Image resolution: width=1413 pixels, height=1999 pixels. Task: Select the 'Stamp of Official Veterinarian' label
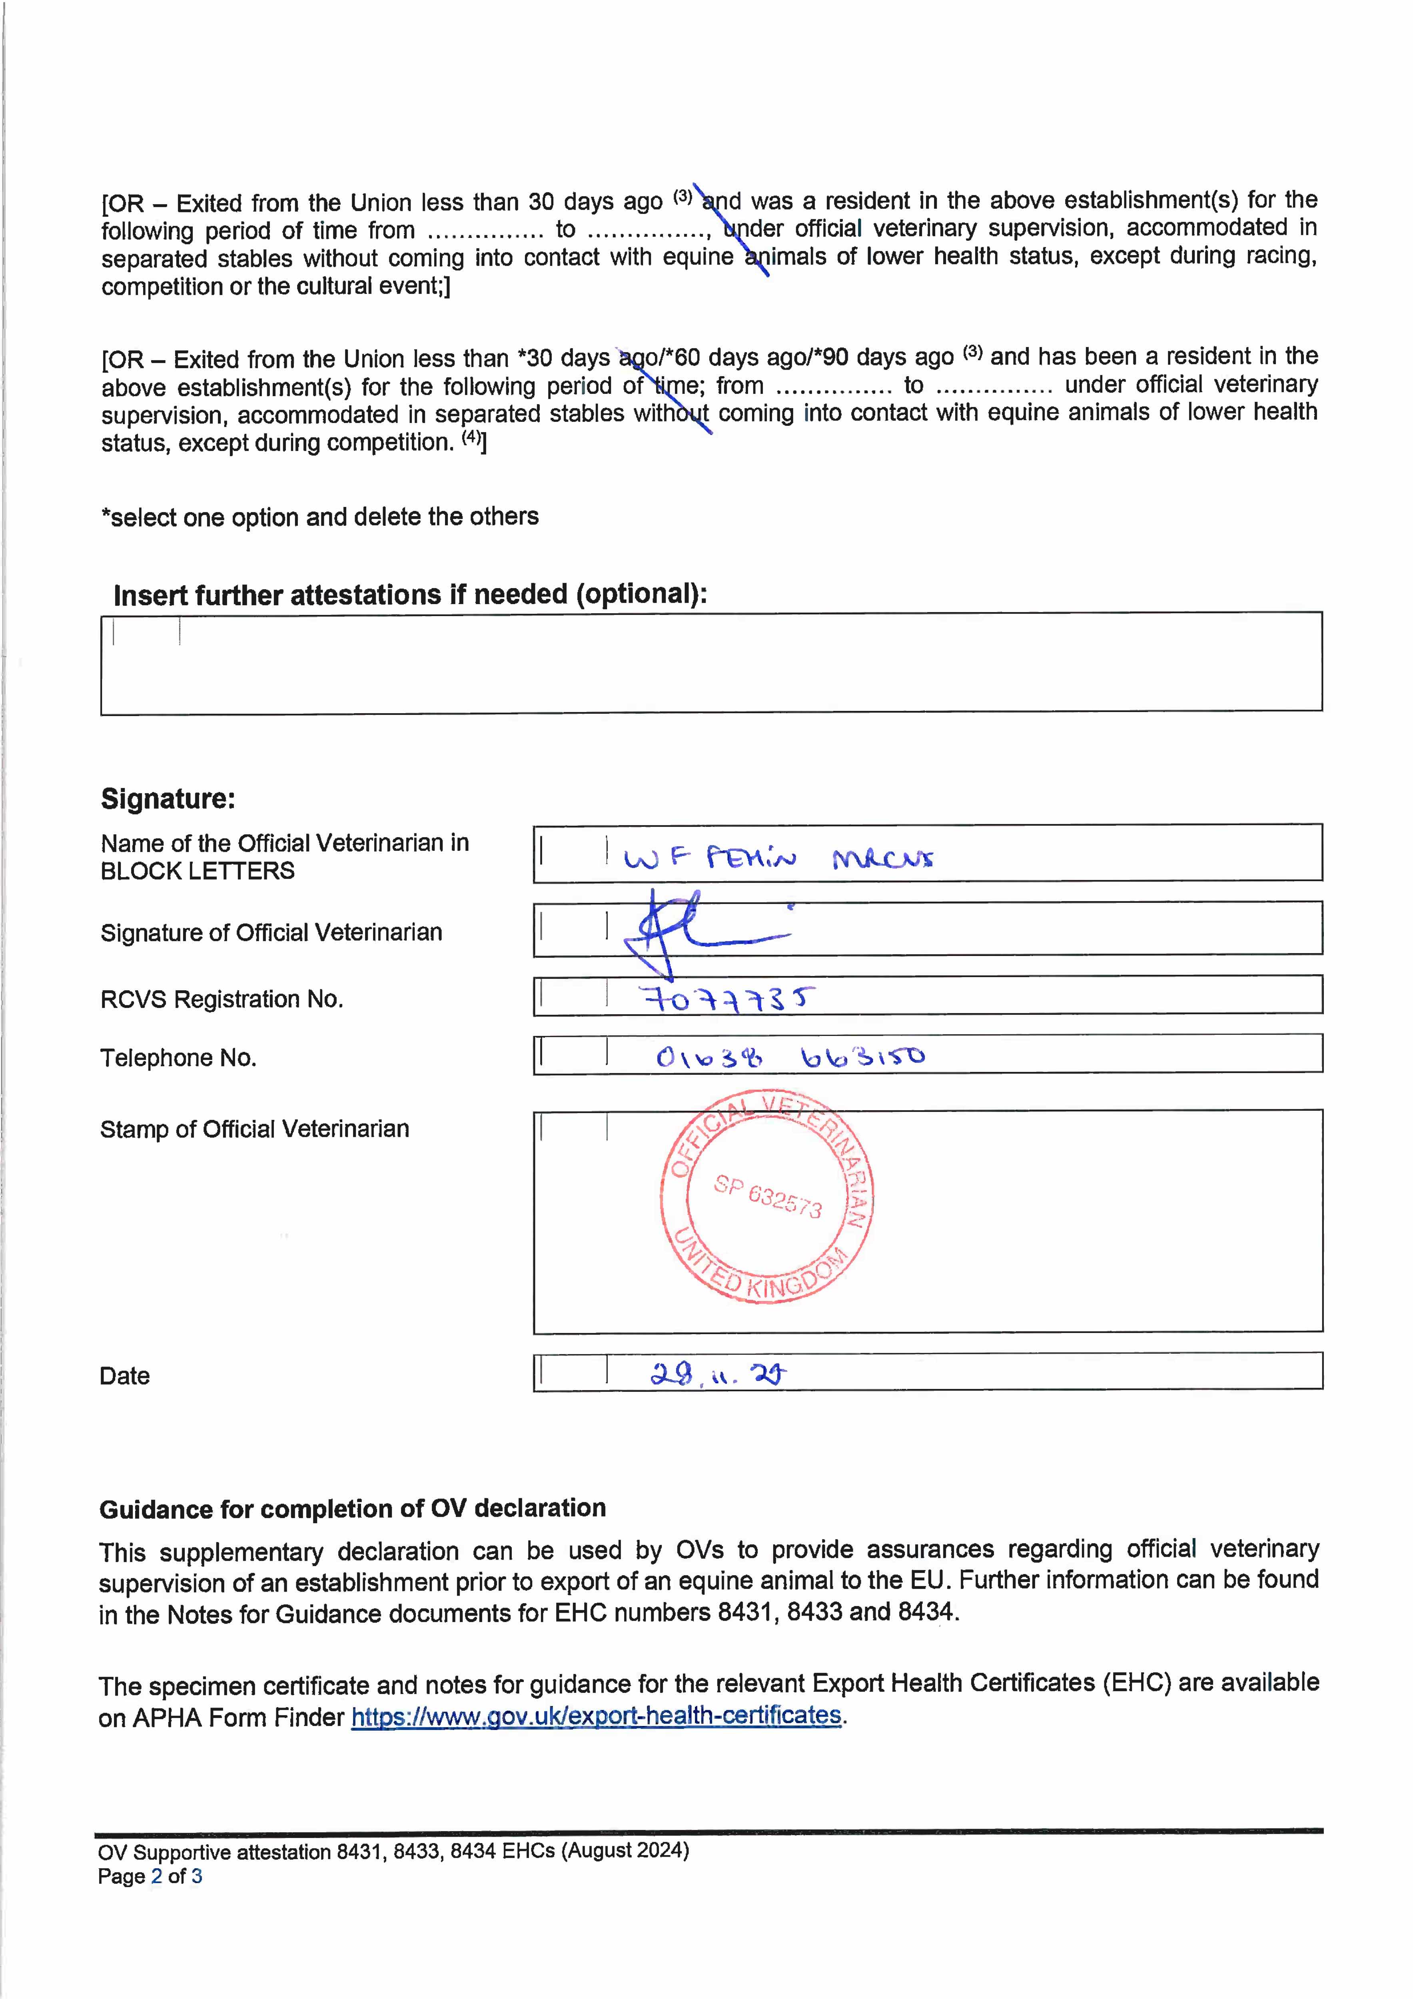click(254, 1129)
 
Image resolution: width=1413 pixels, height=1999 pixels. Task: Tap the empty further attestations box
click(710, 663)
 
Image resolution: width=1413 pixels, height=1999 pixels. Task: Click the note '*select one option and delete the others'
click(319, 517)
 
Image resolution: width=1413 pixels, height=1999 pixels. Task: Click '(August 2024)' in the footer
click(625, 1850)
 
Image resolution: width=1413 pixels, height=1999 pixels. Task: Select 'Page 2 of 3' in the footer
click(150, 1876)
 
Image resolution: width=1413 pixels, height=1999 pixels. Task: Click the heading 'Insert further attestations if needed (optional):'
click(410, 595)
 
